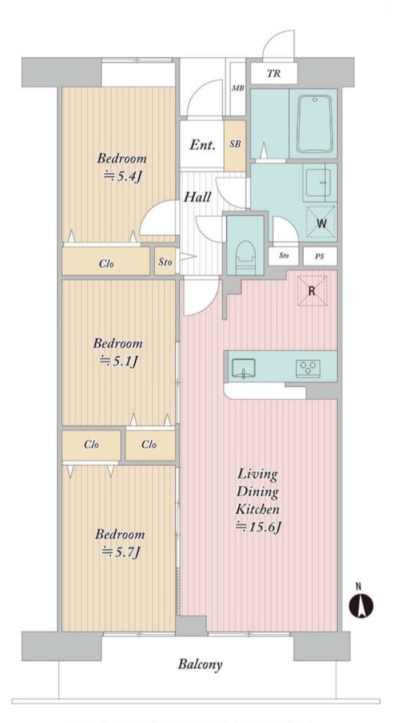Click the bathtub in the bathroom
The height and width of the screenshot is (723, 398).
[x=315, y=124]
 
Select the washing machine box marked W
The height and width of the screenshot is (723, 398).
[x=321, y=222]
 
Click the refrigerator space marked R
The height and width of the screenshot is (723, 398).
[x=312, y=291]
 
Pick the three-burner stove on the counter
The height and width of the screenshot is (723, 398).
[x=308, y=368]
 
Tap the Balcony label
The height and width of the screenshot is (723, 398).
[x=200, y=664]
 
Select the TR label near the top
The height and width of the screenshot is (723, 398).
[x=274, y=74]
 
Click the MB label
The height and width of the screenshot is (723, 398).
[x=238, y=88]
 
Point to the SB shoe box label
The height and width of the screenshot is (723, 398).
[x=235, y=144]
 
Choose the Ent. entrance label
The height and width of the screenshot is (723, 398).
[x=202, y=145]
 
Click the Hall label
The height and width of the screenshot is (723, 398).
[x=197, y=197]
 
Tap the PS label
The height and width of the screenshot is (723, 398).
[x=319, y=257]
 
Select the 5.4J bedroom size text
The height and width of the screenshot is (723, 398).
[x=122, y=177]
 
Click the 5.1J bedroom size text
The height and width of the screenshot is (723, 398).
[x=118, y=361]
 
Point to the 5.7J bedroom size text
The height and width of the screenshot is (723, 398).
[x=120, y=553]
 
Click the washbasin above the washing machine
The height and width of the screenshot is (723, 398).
[x=319, y=183]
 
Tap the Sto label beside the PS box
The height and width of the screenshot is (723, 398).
[x=284, y=256]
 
